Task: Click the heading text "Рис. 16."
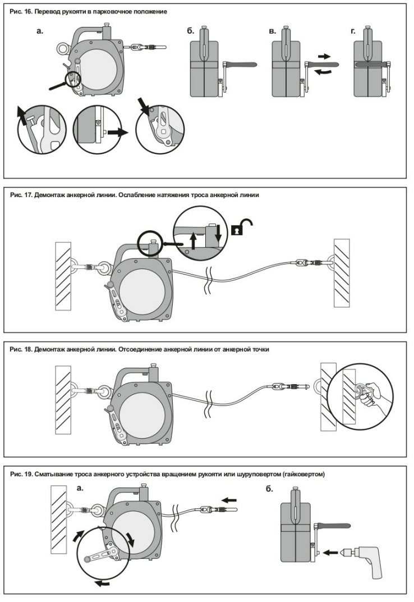click(22, 12)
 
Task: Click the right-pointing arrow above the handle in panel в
click(324, 57)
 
